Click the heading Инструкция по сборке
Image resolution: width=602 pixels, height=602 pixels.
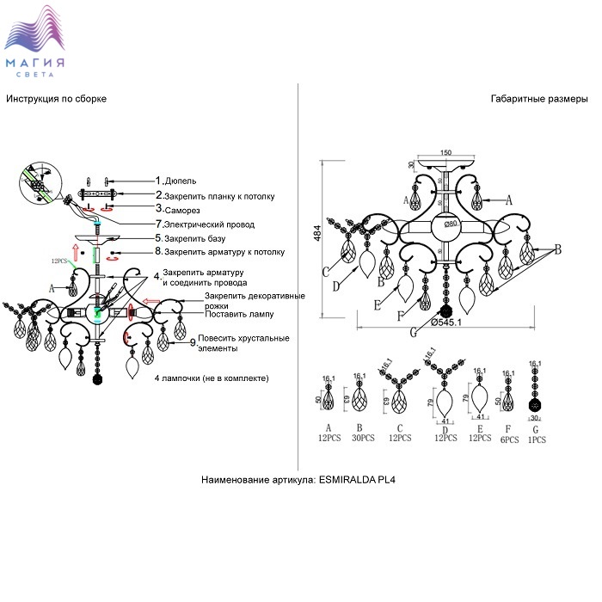[x=56, y=100]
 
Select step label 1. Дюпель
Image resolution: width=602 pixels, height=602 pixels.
[x=175, y=181]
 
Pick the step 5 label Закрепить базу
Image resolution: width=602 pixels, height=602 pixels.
[x=194, y=237]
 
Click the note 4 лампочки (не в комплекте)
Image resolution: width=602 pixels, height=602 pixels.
[x=212, y=378]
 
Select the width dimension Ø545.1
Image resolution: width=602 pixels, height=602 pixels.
[x=446, y=322]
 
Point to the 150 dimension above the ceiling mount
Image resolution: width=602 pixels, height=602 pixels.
[x=445, y=153]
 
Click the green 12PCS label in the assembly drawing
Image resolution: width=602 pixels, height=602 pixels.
[x=59, y=260]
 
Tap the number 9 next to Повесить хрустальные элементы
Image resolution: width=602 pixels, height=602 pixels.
[x=193, y=342]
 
